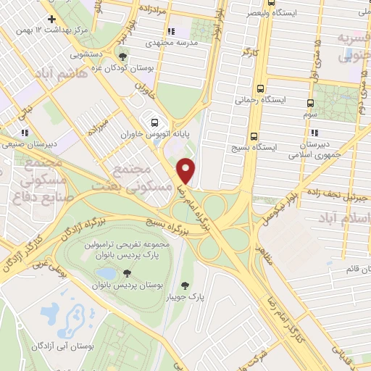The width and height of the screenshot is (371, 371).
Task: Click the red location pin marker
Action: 187,170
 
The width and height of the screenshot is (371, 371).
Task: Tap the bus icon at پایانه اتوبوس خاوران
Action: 154,121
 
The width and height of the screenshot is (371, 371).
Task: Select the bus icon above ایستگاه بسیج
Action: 253,135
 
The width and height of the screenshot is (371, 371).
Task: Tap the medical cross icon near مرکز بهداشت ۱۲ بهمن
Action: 51,19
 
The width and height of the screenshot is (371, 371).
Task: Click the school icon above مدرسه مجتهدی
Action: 170,32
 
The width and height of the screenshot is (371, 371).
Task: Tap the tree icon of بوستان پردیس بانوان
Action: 128,273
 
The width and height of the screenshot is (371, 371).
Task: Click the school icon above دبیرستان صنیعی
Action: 25,133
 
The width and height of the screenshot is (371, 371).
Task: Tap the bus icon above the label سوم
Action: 310,103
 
